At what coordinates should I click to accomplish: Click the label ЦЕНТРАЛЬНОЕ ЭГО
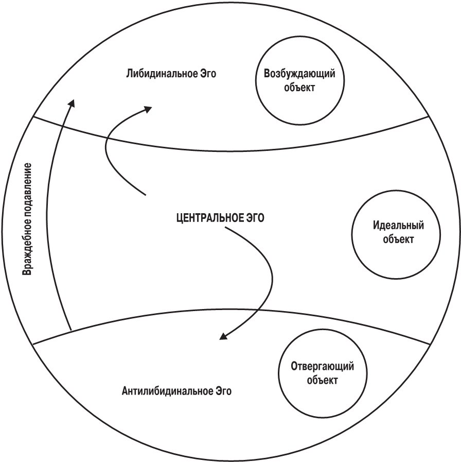pyautogui.click(x=220, y=218)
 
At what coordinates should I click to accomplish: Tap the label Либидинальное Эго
pyautogui.click(x=171, y=73)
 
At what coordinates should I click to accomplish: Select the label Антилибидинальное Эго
pyautogui.click(x=176, y=391)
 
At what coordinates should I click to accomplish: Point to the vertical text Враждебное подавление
pyautogui.click(x=27, y=219)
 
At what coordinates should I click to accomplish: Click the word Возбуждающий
pyautogui.click(x=299, y=73)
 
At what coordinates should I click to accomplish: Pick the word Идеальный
pyautogui.click(x=398, y=226)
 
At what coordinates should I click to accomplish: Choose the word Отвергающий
pyautogui.click(x=323, y=366)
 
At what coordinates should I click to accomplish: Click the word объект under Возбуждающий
pyautogui.click(x=299, y=87)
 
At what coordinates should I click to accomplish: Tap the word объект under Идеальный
pyautogui.click(x=398, y=239)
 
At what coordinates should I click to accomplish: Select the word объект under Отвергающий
pyautogui.click(x=323, y=380)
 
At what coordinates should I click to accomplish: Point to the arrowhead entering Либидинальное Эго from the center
pyautogui.click(x=148, y=109)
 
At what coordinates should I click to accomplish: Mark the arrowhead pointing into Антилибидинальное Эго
pyautogui.click(x=223, y=336)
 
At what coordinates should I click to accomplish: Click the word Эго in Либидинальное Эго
pyautogui.click(x=208, y=73)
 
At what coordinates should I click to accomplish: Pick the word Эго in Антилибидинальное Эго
pyautogui.click(x=223, y=391)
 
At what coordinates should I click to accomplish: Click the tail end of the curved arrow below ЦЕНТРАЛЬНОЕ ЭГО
pyautogui.click(x=225, y=228)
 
